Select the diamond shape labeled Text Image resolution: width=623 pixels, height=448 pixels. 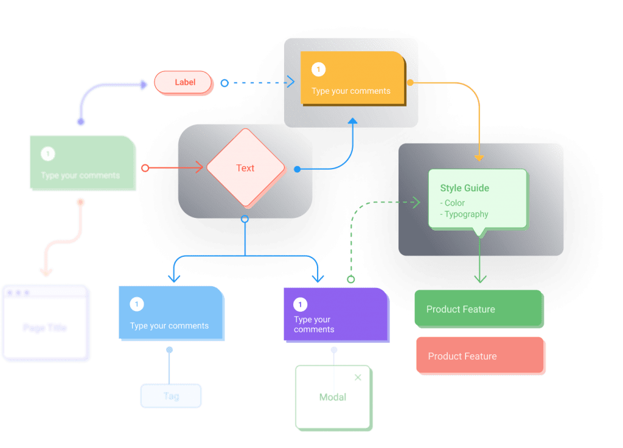tap(245, 168)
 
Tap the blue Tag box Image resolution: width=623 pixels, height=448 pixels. tap(171, 396)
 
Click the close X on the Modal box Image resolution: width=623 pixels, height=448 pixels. tap(358, 377)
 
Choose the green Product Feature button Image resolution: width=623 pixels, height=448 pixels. tap(478, 309)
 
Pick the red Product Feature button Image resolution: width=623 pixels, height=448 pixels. tap(479, 356)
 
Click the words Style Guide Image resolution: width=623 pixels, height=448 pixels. tap(464, 188)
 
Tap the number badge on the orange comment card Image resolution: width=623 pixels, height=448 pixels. tap(318, 70)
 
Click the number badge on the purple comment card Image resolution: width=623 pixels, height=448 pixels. tap(301, 304)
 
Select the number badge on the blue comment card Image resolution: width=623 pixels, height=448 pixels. tap(137, 304)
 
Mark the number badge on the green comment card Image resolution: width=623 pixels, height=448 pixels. tap(48, 154)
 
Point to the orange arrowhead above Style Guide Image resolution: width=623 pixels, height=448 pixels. tap(479, 158)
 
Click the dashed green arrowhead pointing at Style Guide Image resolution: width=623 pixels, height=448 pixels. tap(417, 202)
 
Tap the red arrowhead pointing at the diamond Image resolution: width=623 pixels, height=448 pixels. tap(200, 168)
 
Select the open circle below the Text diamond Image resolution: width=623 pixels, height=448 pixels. tap(245, 219)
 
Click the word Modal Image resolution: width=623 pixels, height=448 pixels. tap(333, 397)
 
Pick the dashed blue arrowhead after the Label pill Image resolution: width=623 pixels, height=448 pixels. tap(290, 82)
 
